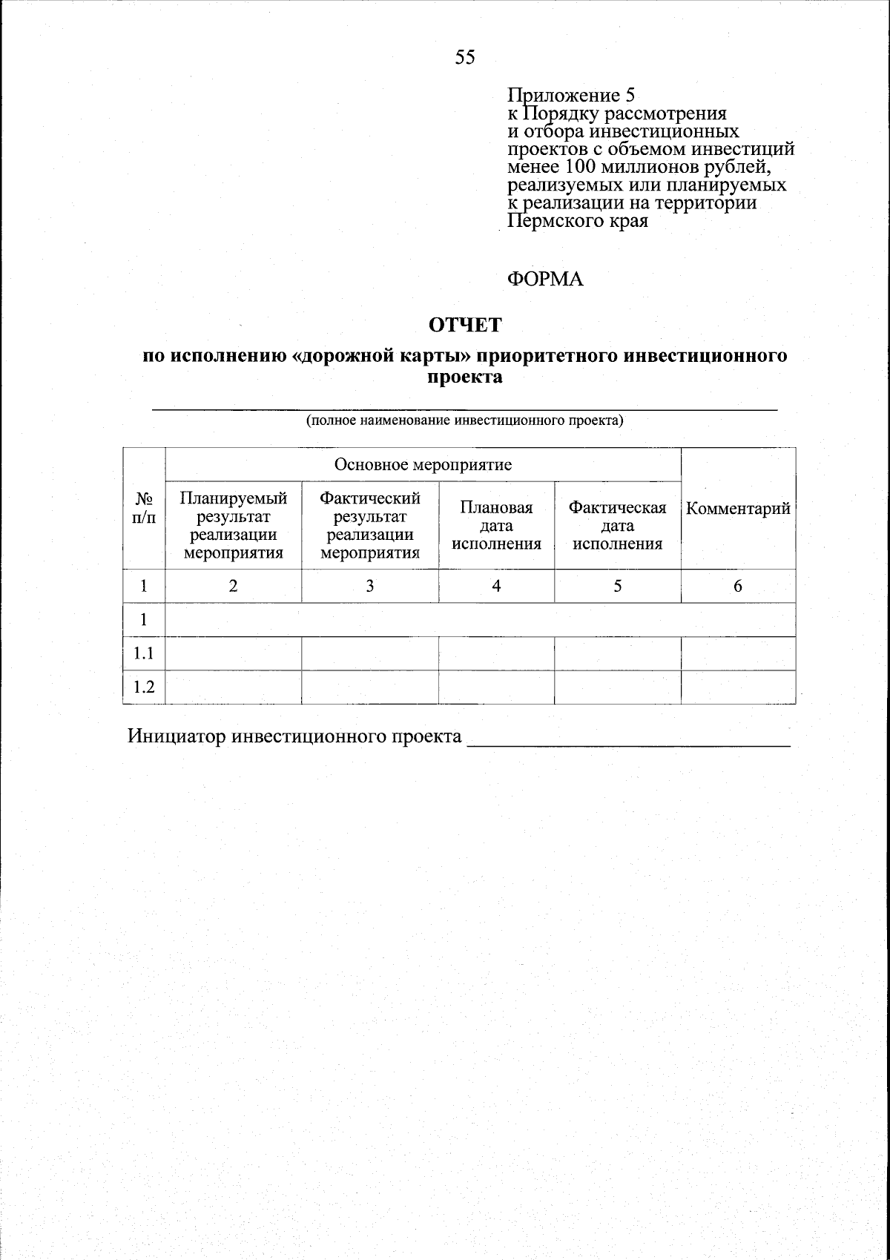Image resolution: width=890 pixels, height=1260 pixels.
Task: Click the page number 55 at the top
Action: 465,58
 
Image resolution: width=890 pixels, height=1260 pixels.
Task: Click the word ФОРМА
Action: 545,280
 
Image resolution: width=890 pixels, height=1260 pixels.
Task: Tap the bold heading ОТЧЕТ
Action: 465,325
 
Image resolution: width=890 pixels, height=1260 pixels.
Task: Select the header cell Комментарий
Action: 738,509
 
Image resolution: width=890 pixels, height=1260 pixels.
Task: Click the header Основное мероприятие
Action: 423,465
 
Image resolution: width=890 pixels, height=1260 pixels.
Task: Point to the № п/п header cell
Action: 144,509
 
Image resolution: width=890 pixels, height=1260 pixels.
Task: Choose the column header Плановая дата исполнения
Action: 496,526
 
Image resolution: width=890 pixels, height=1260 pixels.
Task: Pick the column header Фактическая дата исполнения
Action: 617,526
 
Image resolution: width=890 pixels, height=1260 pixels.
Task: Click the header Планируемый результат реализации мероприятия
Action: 233,525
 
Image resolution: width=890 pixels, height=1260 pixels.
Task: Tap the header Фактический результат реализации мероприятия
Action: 369,525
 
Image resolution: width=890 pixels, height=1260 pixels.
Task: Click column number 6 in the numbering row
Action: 738,586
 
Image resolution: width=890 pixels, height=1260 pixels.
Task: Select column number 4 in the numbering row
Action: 496,586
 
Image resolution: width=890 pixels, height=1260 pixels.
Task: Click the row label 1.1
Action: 144,653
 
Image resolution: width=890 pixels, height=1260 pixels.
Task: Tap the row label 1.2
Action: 144,687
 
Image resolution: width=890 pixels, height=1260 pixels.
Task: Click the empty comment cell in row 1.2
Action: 738,687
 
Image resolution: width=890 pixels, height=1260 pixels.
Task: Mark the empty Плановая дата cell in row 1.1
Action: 496,653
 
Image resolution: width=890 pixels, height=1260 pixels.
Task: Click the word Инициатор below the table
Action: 177,736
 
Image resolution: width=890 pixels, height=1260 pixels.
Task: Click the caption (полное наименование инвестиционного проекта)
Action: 465,421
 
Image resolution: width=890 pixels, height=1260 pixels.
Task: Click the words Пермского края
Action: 577,221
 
